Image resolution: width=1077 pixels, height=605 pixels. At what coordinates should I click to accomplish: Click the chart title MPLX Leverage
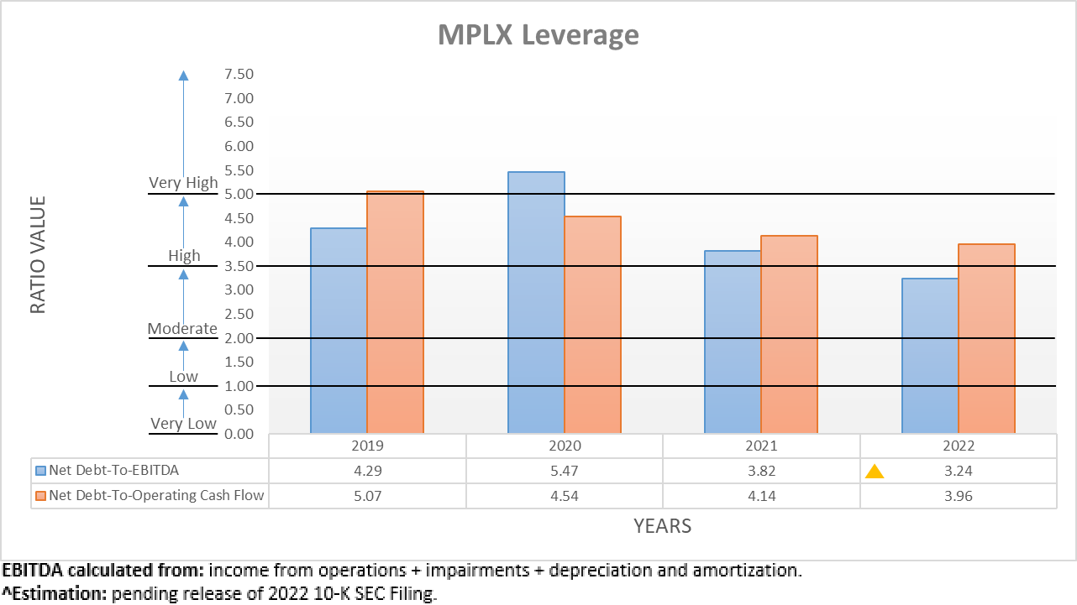coord(538,35)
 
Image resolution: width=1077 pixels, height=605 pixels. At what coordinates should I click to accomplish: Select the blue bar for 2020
coord(536,302)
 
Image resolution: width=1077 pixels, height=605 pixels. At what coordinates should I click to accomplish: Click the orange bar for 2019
coord(395,312)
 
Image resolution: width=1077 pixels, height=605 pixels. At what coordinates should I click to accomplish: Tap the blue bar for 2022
coord(930,356)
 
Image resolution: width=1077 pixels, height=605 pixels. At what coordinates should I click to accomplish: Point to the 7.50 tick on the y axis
coord(239,74)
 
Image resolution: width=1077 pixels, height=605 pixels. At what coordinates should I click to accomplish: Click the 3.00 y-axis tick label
coord(239,290)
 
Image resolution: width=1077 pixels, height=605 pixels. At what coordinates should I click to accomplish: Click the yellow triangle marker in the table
coord(875,472)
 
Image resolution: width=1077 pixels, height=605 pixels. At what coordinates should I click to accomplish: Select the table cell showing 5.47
coord(565,471)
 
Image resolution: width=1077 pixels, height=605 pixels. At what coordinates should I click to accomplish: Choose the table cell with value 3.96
coord(958,495)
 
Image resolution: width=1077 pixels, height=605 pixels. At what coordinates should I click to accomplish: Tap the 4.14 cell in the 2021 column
coord(761,495)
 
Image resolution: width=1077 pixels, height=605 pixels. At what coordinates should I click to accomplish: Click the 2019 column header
coord(367,446)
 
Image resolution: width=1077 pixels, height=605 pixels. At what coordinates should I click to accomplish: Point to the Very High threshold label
coord(183,183)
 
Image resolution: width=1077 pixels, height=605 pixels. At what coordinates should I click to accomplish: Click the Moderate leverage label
coord(182,329)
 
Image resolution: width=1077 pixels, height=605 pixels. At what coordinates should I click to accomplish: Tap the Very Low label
coord(183,424)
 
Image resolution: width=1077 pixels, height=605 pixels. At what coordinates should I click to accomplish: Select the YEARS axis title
coord(662,526)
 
